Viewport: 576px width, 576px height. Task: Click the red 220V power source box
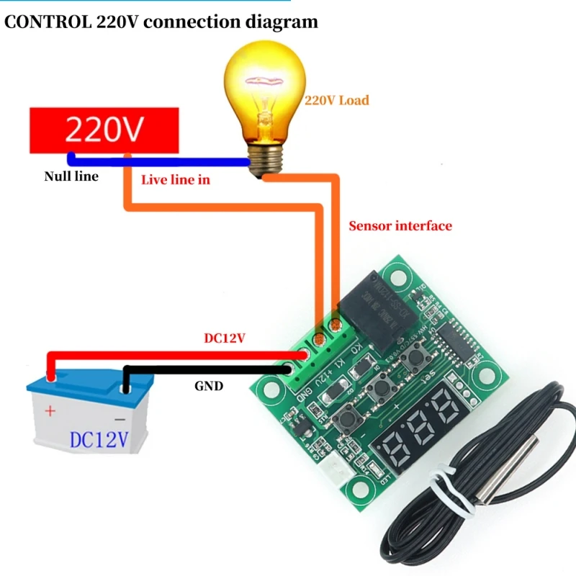104,130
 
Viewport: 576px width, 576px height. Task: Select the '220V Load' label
336,101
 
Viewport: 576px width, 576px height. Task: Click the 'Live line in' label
176,179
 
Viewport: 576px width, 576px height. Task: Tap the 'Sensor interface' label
400,226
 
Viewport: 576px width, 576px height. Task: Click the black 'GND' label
209,386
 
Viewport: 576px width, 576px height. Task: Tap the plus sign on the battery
50,412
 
